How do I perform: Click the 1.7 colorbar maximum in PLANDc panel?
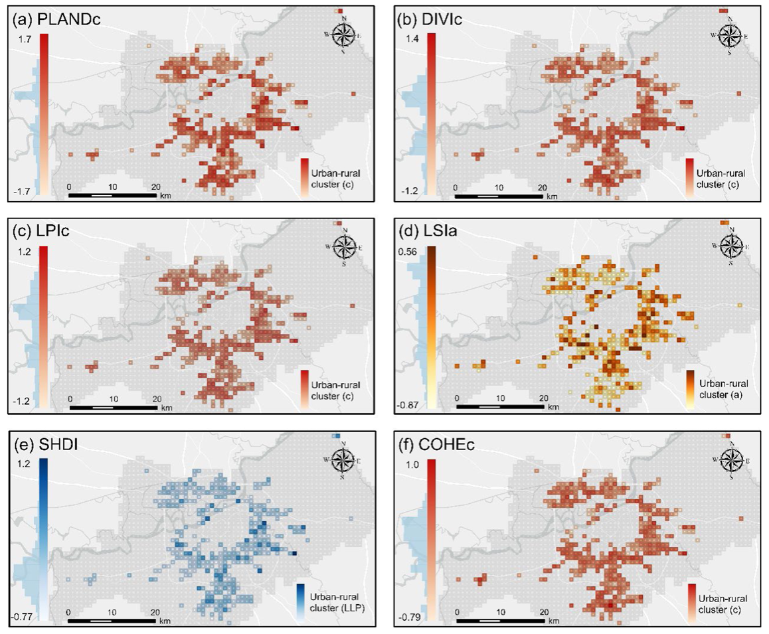point(26,40)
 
